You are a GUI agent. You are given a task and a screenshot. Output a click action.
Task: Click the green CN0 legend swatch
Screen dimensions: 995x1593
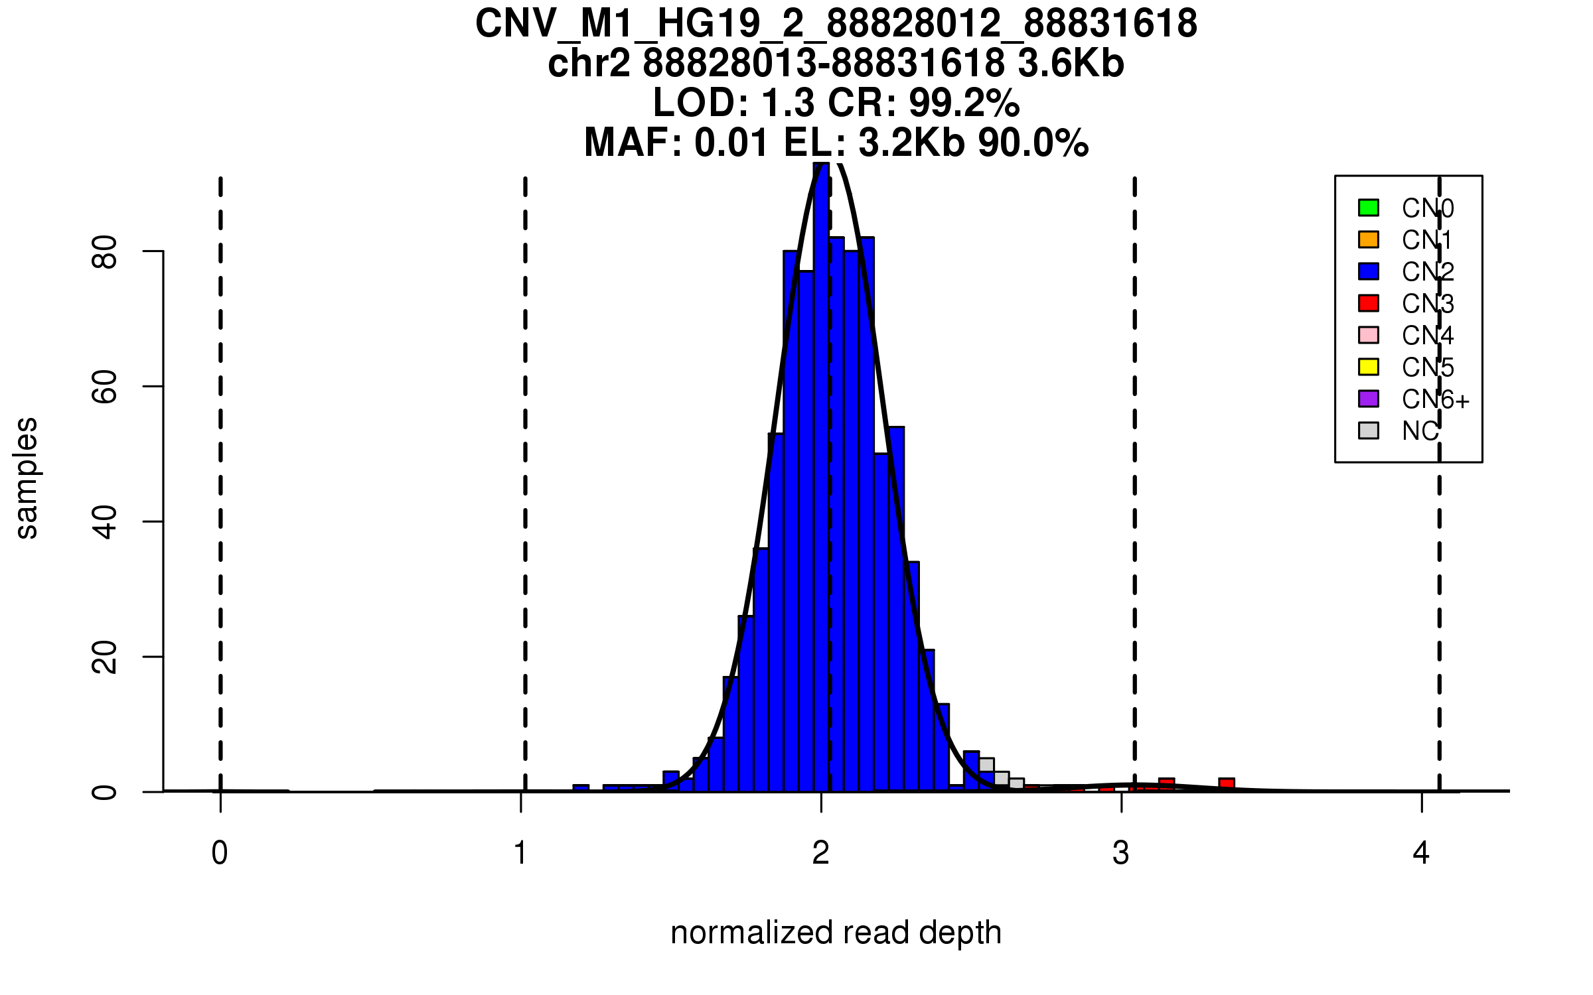[1369, 208]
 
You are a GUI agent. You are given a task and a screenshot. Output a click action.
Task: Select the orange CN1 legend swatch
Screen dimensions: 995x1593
[1369, 239]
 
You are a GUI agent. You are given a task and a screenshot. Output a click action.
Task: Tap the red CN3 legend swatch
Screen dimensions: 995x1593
[1369, 303]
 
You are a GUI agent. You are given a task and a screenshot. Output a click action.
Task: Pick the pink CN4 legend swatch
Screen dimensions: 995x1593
[1369, 335]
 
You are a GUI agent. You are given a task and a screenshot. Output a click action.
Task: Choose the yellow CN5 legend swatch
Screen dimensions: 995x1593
[1369, 367]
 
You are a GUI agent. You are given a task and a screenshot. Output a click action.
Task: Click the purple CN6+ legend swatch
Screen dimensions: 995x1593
[1369, 399]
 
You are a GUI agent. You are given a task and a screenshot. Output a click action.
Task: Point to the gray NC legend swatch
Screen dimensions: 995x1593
[1369, 431]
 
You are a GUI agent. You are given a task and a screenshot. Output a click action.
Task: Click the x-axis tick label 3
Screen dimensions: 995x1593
[1121, 853]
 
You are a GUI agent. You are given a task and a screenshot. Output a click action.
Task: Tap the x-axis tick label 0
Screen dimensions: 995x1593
[220, 853]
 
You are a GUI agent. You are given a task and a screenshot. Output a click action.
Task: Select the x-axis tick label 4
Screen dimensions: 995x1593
[1421, 853]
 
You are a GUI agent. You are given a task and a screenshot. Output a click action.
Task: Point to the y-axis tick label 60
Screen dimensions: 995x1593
[105, 387]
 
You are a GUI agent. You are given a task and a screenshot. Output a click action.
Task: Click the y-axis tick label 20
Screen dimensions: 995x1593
[105, 657]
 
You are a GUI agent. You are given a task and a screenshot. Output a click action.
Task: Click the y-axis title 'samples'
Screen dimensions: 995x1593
[27, 478]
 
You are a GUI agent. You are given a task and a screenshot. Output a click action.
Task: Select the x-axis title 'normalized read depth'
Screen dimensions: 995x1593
[836, 933]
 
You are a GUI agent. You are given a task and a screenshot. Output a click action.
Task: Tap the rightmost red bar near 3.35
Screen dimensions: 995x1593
[1226, 785]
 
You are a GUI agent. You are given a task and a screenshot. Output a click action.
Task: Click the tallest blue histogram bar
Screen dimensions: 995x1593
[821, 478]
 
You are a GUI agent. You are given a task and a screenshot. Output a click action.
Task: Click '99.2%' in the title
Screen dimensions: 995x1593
[964, 103]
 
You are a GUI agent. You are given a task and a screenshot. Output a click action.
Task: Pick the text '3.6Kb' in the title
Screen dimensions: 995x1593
[1071, 64]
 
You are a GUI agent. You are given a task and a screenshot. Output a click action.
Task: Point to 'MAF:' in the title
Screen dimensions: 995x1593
[633, 143]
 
